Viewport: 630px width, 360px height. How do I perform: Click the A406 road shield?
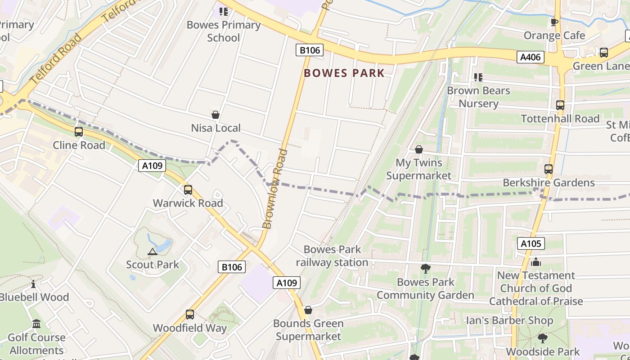[x=531, y=57]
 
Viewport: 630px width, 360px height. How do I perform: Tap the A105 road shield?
[x=531, y=244]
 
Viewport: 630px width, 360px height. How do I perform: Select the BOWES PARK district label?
[x=344, y=73]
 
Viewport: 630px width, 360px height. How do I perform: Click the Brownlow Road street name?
[x=275, y=189]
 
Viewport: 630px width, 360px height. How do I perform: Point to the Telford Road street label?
[x=56, y=58]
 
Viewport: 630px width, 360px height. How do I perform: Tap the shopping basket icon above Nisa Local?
[x=216, y=115]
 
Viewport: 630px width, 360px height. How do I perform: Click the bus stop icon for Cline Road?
[x=79, y=132]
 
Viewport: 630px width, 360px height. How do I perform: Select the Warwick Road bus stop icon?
[x=188, y=190]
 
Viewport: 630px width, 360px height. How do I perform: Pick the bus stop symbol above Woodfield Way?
[x=190, y=315]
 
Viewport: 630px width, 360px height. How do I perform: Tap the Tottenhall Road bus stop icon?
[x=560, y=105]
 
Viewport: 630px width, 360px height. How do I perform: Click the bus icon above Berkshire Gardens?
[x=549, y=169]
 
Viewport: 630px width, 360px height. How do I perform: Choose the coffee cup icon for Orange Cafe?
[x=554, y=22]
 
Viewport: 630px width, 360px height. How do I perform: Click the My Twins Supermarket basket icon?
[x=419, y=149]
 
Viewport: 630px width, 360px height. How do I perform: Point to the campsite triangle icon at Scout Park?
[x=153, y=252]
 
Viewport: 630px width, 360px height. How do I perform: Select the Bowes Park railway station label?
[x=332, y=256]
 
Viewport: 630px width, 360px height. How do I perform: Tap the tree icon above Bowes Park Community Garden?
[x=425, y=269]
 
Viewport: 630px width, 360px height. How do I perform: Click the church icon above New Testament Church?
[x=535, y=262]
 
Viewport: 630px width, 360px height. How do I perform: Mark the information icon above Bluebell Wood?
[x=33, y=284]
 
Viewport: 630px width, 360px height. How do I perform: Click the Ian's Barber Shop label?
[x=509, y=321]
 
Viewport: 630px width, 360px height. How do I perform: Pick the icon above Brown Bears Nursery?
[x=478, y=77]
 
